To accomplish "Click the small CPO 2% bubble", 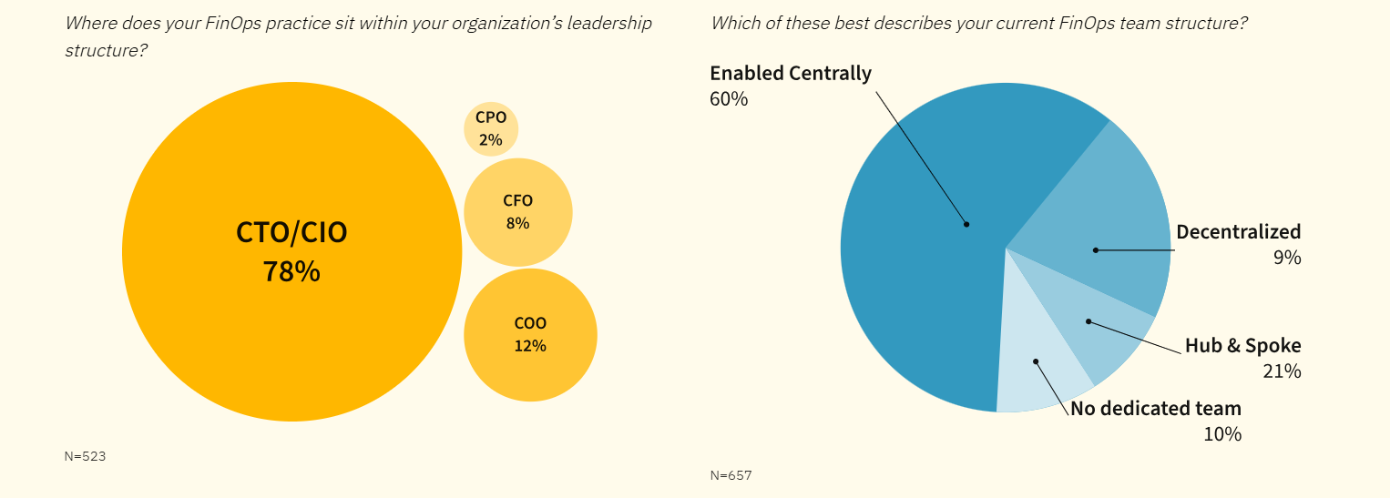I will click(x=491, y=128).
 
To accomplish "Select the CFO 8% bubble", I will click(x=517, y=212).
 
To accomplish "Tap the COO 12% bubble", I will click(x=530, y=335).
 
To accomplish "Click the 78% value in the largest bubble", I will click(x=291, y=271).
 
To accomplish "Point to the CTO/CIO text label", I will click(x=291, y=233).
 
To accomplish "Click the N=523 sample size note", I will click(x=85, y=456).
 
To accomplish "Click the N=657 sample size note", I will click(x=731, y=475).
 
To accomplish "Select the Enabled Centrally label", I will click(x=791, y=74).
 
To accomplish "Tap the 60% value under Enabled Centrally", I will click(x=729, y=99).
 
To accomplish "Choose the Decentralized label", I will click(x=1238, y=232).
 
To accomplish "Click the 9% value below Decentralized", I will click(x=1287, y=258).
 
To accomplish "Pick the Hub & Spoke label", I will click(x=1242, y=346).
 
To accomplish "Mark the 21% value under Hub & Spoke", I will click(x=1282, y=371).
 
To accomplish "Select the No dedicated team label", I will click(x=1155, y=409).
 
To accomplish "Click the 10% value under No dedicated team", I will click(x=1222, y=434).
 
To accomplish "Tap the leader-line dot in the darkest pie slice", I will click(x=966, y=224).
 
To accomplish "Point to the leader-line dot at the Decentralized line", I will click(x=1096, y=249).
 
